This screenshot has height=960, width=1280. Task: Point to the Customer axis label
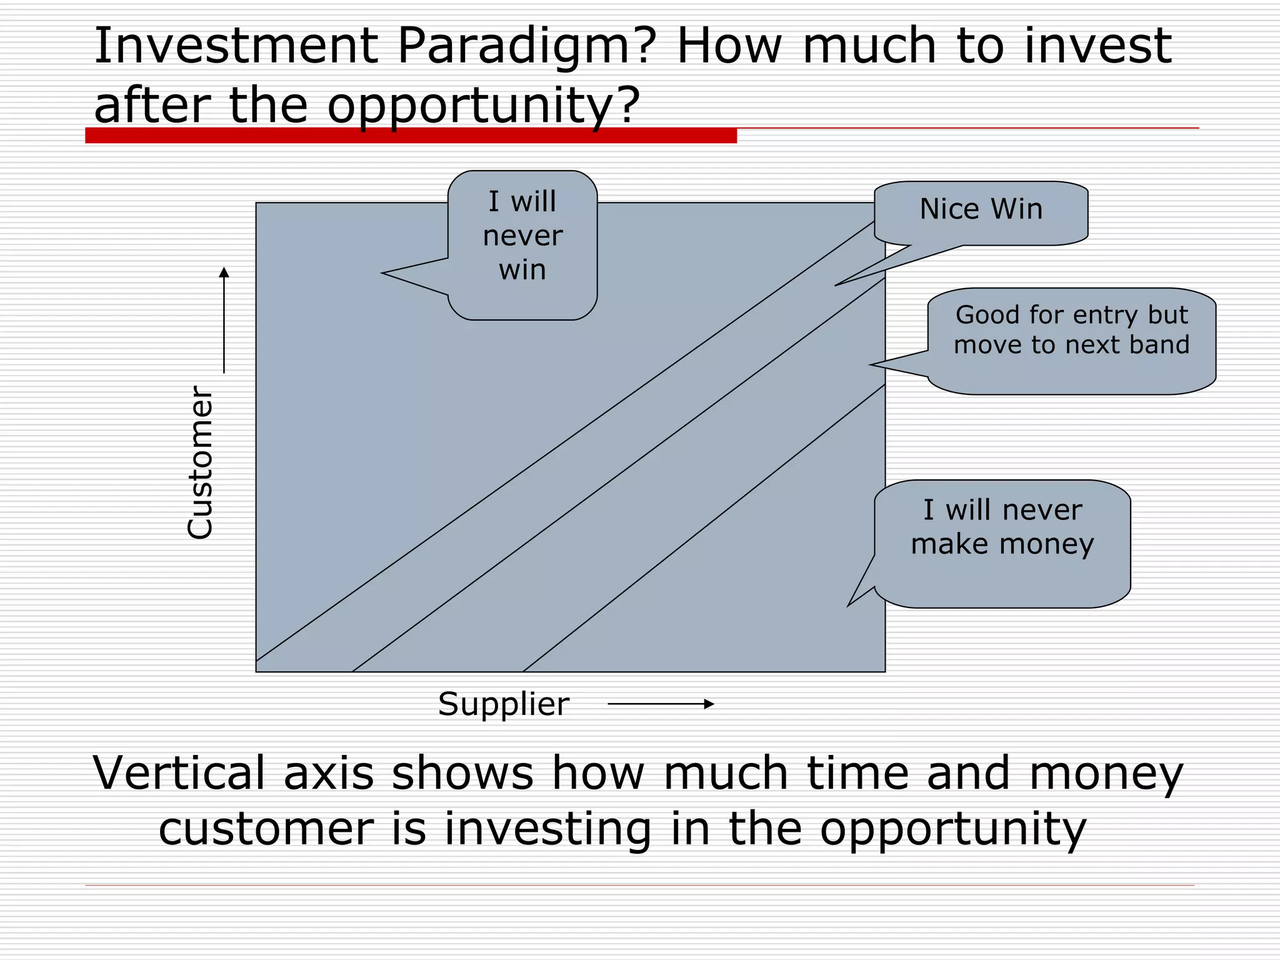(201, 462)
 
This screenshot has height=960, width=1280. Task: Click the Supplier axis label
(503, 704)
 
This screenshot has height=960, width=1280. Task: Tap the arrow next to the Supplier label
(660, 704)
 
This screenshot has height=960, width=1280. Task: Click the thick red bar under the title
(411, 136)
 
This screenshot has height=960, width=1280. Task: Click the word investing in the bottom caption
(547, 829)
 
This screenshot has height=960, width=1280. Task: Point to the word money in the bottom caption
(1106, 773)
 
